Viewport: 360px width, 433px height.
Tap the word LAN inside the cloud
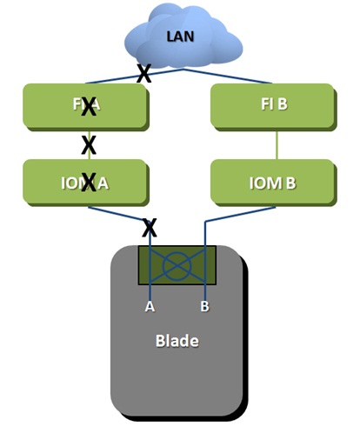pyautogui.click(x=180, y=37)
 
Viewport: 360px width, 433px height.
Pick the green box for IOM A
pyautogui.click(x=52, y=182)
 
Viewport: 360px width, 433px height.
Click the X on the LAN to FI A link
pyautogui.click(x=143, y=74)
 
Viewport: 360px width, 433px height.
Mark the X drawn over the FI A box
pyautogui.click(x=88, y=107)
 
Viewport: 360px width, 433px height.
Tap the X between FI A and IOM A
pyautogui.click(x=88, y=143)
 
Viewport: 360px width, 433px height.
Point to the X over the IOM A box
pyautogui.click(x=88, y=182)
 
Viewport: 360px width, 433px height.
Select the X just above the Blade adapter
pyautogui.click(x=150, y=228)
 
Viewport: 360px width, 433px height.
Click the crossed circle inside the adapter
pyautogui.click(x=177, y=265)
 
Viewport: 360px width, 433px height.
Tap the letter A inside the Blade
pyautogui.click(x=150, y=307)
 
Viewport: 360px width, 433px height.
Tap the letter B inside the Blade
pyautogui.click(x=204, y=307)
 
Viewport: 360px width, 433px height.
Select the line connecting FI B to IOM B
pyautogui.click(x=276, y=145)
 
